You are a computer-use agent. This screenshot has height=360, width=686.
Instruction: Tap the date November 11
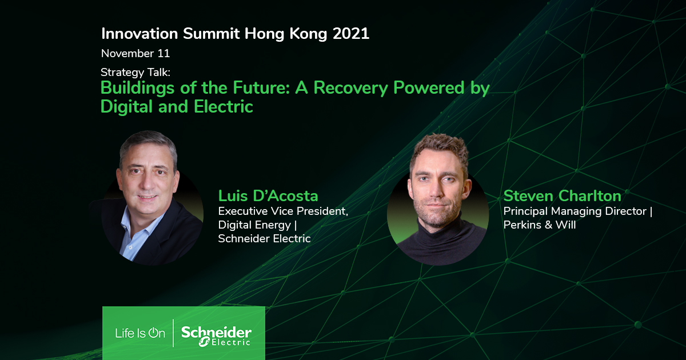(135, 54)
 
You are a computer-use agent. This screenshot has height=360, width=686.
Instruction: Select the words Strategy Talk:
(135, 73)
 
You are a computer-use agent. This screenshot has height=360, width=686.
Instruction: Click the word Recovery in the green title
(350, 89)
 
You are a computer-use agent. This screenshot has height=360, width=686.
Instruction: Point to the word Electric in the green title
(224, 106)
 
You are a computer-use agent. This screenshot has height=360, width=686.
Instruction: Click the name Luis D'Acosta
(268, 196)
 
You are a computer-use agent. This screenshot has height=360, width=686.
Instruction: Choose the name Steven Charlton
(563, 196)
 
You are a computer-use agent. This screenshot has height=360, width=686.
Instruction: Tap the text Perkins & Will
(540, 225)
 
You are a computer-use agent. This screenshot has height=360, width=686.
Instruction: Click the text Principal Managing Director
(575, 211)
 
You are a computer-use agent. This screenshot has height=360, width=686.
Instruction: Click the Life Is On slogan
(140, 333)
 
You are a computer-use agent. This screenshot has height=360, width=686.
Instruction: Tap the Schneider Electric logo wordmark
(216, 336)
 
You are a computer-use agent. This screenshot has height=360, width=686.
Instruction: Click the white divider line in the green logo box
(173, 333)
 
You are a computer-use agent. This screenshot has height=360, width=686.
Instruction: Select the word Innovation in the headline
(139, 33)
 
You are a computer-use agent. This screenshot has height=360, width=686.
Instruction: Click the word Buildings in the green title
(138, 89)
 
